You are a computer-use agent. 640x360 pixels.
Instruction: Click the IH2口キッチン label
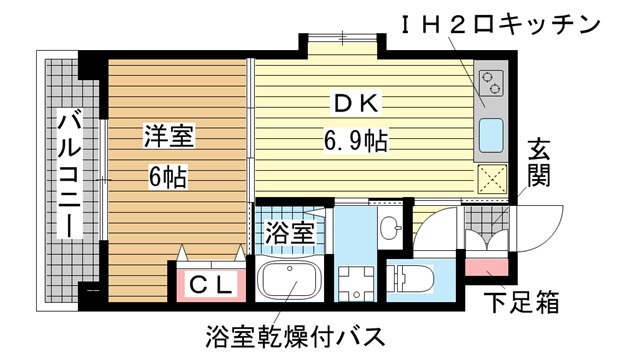[x=500, y=23]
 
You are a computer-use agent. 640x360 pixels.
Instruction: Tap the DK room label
[x=356, y=103]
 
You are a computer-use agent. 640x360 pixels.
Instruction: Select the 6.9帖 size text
[x=356, y=141]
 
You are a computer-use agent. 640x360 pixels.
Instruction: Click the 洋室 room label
[x=169, y=136]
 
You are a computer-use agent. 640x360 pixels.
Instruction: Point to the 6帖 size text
[x=168, y=176]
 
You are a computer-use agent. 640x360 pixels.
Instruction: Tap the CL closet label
[x=212, y=285]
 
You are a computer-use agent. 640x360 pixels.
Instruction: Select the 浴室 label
[x=289, y=233]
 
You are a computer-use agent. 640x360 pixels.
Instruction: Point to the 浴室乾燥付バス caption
[x=295, y=336]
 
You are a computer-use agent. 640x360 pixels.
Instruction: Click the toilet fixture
[x=410, y=278]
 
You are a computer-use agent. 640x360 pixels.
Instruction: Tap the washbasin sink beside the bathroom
[x=390, y=228]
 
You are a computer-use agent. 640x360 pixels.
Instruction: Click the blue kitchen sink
[x=491, y=136]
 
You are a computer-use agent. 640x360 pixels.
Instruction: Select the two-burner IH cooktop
[x=491, y=83]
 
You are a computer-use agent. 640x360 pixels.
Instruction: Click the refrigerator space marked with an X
[x=492, y=179]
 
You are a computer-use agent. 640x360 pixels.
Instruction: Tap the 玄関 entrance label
[x=538, y=163]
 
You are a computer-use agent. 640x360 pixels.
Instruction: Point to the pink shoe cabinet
[x=487, y=267]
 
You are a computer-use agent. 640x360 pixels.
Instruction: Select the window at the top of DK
[x=342, y=37]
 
